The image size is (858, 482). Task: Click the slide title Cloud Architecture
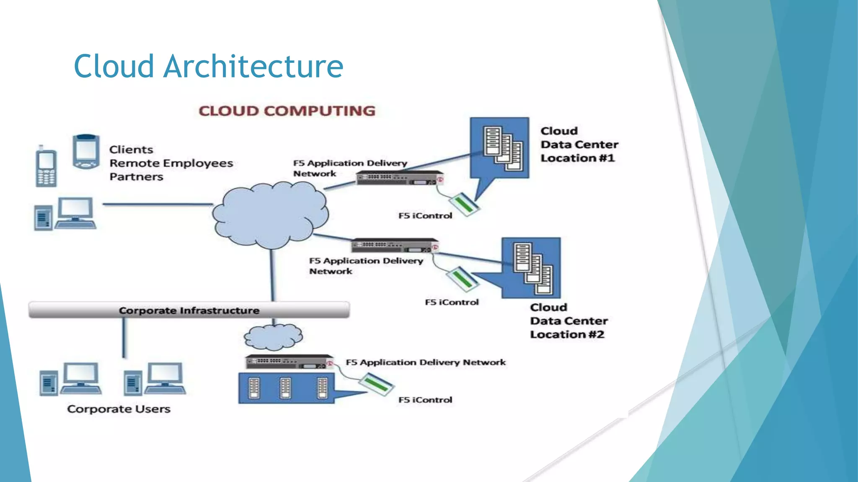coord(208,66)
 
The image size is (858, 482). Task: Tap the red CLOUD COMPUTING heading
coord(287,111)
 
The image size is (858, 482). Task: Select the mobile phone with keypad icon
coord(46,167)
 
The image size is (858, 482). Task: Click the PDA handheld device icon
coord(86,151)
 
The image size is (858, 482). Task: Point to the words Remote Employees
coord(171,163)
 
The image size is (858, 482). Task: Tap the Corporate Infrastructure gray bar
coord(189,310)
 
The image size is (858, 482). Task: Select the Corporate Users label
coord(119,409)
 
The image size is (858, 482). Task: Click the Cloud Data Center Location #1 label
coord(579,144)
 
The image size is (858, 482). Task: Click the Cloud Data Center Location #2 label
coord(568,321)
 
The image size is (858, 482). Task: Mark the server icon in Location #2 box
coord(532,268)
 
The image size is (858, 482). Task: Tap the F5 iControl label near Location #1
coord(425,216)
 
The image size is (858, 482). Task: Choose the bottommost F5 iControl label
coord(425,400)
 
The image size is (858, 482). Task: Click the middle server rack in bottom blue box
coord(285,388)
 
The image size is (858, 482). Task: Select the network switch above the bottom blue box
coord(289,362)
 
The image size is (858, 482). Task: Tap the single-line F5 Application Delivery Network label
coord(425,362)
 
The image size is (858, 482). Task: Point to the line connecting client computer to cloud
coord(158,204)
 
